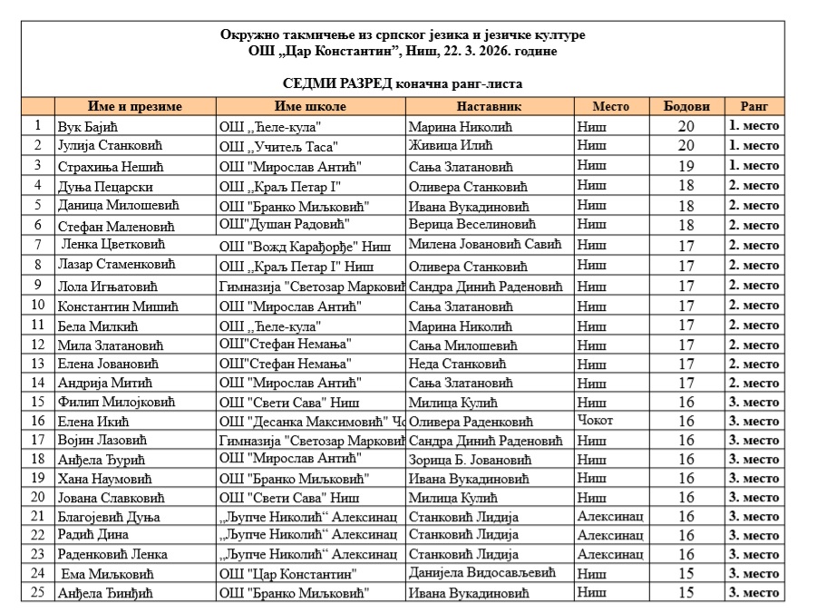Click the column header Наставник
click(x=489, y=106)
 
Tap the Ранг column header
click(x=754, y=106)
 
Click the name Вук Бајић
click(x=84, y=127)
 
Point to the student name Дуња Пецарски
click(x=101, y=186)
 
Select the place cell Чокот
click(x=596, y=421)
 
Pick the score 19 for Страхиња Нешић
click(x=686, y=166)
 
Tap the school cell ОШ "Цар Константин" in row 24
click(x=288, y=574)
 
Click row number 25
click(x=38, y=593)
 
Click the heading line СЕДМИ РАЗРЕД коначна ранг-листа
click(x=402, y=83)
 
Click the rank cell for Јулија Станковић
click(x=754, y=146)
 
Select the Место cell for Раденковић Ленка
click(x=610, y=554)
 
